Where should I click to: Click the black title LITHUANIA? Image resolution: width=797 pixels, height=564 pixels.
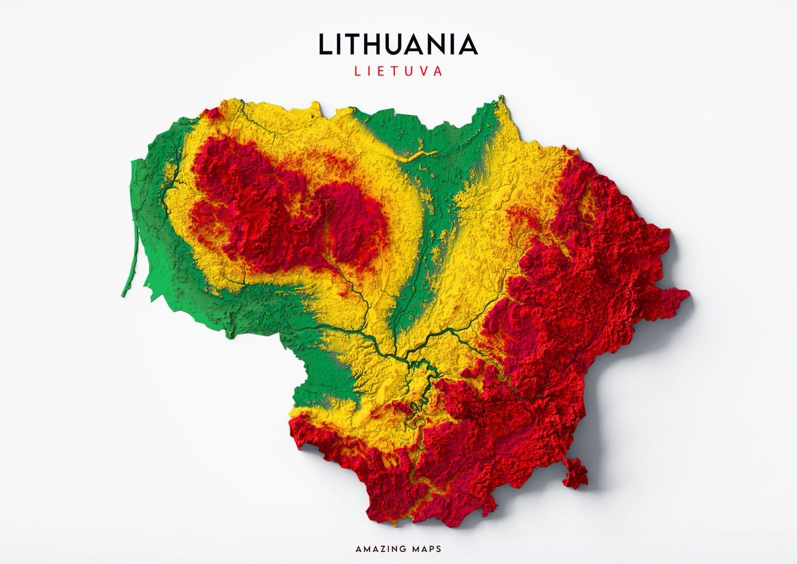(x=398, y=45)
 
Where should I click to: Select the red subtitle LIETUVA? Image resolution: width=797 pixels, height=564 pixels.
(x=398, y=71)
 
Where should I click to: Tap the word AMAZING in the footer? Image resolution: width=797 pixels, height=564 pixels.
(x=380, y=549)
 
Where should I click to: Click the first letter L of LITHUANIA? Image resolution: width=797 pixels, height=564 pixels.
(x=325, y=45)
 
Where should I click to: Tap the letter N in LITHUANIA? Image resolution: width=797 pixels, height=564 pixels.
(x=438, y=45)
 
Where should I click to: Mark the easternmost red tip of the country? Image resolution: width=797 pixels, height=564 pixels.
(x=688, y=295)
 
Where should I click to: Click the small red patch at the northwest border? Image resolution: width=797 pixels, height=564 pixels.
(x=210, y=113)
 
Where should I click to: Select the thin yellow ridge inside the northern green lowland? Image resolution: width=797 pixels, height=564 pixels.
(x=415, y=157)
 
